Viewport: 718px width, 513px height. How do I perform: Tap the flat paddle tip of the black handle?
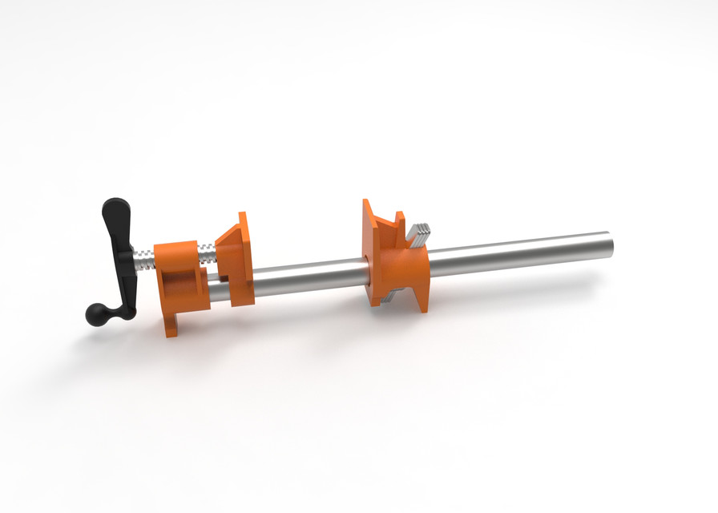click(112, 214)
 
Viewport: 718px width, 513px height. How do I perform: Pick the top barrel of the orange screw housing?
click(175, 251)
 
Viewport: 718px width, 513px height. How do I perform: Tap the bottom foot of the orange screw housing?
click(172, 325)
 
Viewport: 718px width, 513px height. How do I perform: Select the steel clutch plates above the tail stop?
click(419, 232)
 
